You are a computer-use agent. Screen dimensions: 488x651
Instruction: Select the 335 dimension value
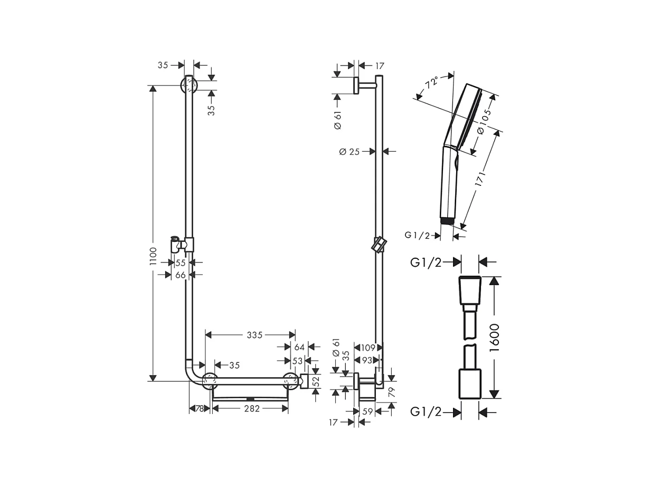click(x=255, y=335)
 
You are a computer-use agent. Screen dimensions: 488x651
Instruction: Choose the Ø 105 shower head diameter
click(x=484, y=123)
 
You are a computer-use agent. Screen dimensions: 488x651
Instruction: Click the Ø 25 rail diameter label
click(x=349, y=152)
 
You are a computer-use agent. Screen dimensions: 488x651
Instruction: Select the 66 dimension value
click(x=181, y=275)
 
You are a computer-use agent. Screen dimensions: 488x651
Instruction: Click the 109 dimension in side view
click(x=367, y=348)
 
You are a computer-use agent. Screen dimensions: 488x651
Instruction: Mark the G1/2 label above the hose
click(x=426, y=262)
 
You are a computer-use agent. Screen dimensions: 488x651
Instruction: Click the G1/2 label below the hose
click(x=426, y=412)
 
